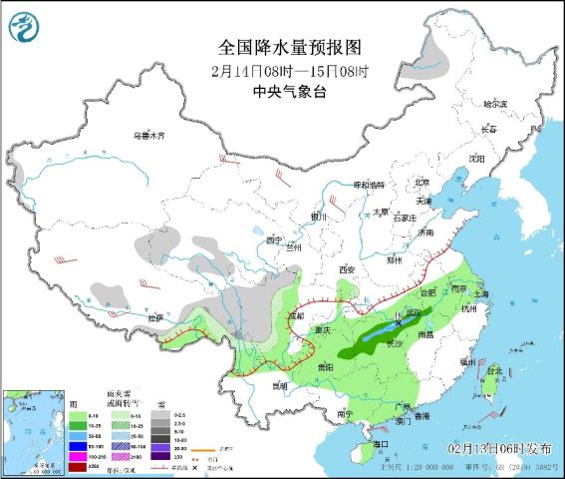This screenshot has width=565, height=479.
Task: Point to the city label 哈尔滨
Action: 494,104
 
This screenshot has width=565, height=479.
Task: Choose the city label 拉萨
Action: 153,317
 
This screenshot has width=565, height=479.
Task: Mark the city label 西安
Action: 346,269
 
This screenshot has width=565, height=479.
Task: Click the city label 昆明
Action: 278,384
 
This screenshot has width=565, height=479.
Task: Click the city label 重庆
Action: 321,330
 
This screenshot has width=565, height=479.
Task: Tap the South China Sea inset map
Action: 31,428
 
